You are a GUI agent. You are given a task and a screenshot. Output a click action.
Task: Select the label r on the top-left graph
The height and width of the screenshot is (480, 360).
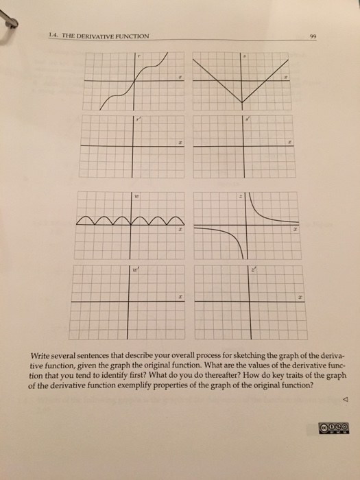[x=137, y=58]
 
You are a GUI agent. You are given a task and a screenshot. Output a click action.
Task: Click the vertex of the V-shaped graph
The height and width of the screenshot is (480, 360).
[x=242, y=103]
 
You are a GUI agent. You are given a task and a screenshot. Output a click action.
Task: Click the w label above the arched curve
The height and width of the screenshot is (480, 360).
[x=137, y=197]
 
